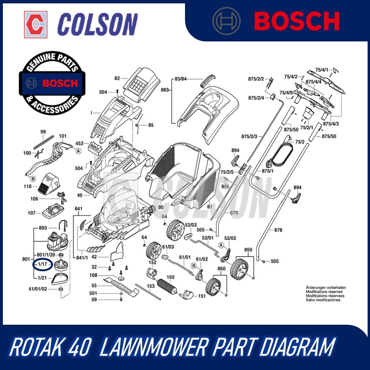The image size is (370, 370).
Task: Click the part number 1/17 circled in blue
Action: pos(42,264)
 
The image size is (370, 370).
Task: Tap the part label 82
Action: pos(117,78)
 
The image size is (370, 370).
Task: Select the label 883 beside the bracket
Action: pos(165,90)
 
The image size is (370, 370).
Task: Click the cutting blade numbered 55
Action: pos(121,286)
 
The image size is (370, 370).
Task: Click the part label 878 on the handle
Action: pos(278,230)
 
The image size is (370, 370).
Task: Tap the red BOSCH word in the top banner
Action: pos(297,21)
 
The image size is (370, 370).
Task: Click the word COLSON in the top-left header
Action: pos(97,24)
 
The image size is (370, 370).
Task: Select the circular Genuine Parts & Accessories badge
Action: pos(52,83)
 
